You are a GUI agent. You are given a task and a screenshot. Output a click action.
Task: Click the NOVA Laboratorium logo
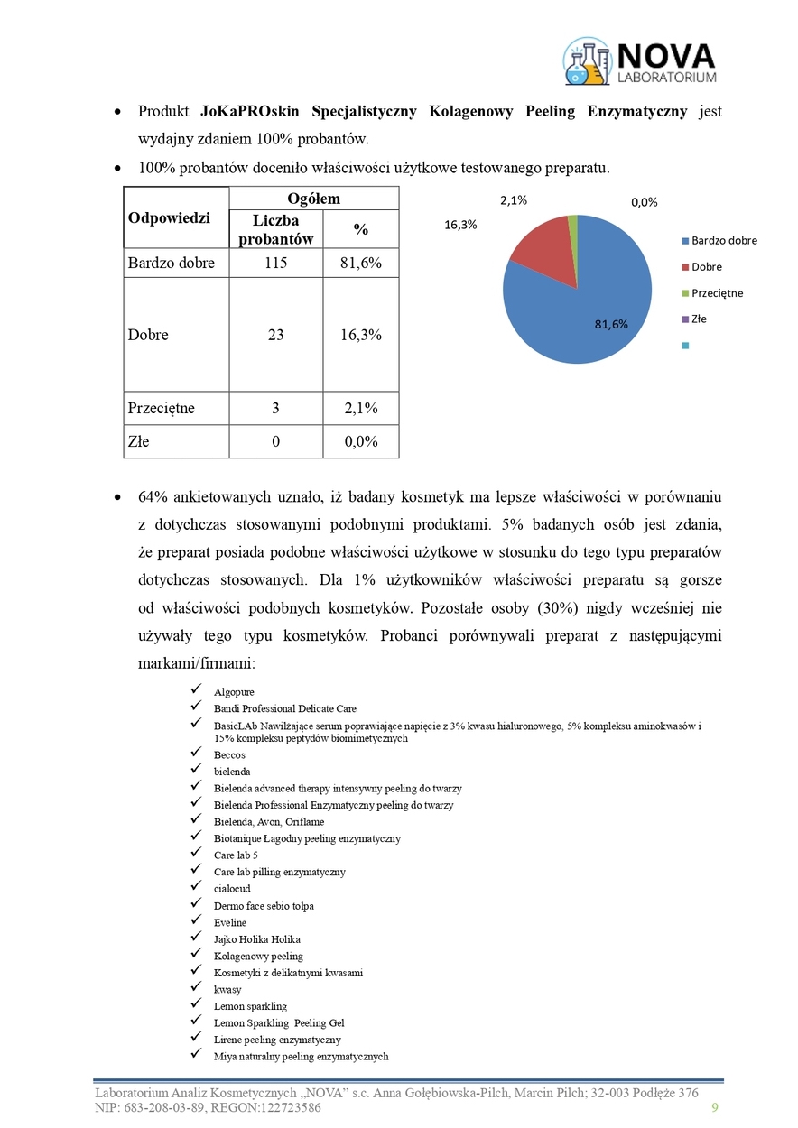[639, 61]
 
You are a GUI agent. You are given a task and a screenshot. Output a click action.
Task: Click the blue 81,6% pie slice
[587, 307]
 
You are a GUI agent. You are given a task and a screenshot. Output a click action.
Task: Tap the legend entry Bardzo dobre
[724, 241]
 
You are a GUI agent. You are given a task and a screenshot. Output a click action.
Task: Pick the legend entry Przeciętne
[718, 293]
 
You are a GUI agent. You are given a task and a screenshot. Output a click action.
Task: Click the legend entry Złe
[699, 319]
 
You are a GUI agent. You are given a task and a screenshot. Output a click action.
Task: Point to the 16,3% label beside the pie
[460, 226]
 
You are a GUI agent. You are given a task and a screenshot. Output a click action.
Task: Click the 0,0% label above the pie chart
[645, 203]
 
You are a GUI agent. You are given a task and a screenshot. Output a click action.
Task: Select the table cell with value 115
[275, 263]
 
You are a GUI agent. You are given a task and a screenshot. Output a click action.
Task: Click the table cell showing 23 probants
[275, 335]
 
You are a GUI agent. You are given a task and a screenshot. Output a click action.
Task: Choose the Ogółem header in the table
[313, 199]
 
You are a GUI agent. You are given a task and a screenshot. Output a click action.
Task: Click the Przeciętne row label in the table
[162, 408]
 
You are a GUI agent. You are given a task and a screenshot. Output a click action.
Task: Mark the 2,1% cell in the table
[361, 408]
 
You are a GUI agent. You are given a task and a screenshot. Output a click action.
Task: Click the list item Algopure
[234, 692]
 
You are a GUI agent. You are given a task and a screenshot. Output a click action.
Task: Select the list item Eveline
[230, 922]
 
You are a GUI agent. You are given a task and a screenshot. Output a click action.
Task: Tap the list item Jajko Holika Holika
[256, 939]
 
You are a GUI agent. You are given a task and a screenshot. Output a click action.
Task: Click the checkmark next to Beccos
[196, 754]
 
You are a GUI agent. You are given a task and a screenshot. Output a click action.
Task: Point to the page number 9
[715, 1108]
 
